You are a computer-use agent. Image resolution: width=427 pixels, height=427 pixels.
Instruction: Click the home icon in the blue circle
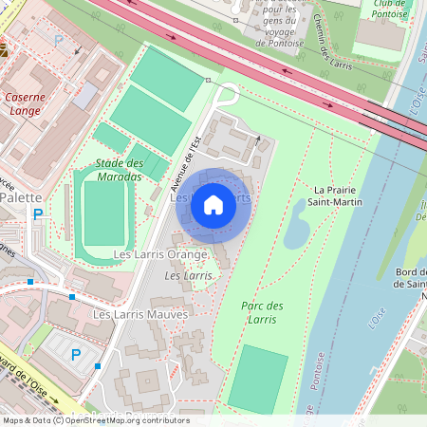213,203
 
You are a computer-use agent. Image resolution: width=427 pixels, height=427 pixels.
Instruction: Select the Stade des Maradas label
119,170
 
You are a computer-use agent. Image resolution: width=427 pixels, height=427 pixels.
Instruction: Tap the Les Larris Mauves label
139,313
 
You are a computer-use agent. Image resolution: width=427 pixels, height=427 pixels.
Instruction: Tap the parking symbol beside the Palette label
38,215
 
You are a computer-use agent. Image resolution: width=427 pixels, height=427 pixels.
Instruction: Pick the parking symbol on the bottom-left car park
76,354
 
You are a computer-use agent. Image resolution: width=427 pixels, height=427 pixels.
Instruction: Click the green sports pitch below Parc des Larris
257,378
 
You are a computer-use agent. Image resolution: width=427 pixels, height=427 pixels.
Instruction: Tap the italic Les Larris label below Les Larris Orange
188,275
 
